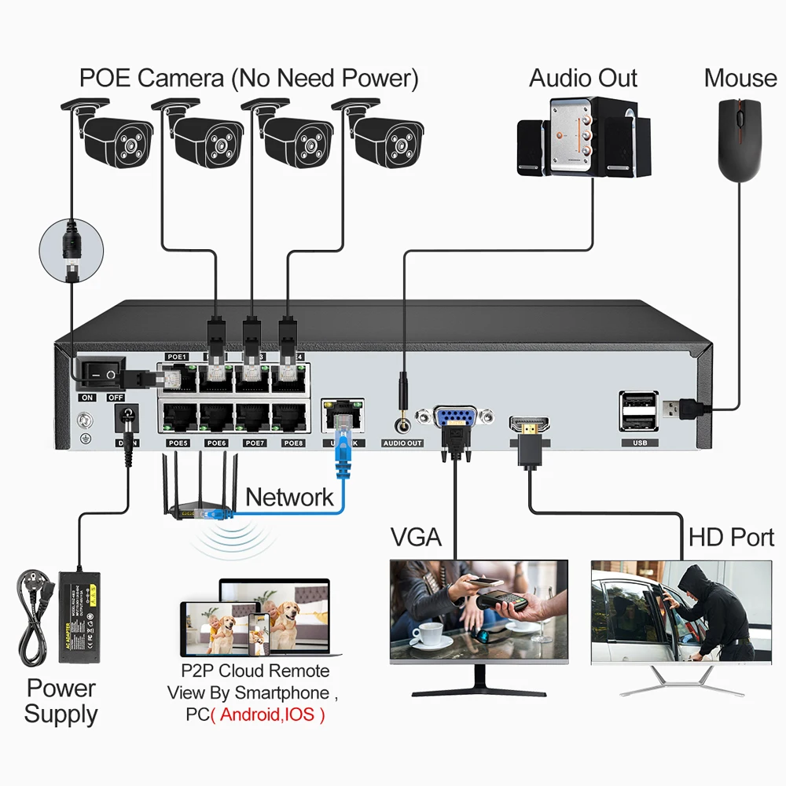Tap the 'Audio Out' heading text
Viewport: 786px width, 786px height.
583,78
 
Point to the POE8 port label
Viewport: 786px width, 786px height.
293,443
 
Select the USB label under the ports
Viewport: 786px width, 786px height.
638,443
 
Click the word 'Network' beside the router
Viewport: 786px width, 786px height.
289,497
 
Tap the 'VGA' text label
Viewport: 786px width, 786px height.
417,538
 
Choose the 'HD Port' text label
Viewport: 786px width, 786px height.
731,538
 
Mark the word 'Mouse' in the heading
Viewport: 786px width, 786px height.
740,78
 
